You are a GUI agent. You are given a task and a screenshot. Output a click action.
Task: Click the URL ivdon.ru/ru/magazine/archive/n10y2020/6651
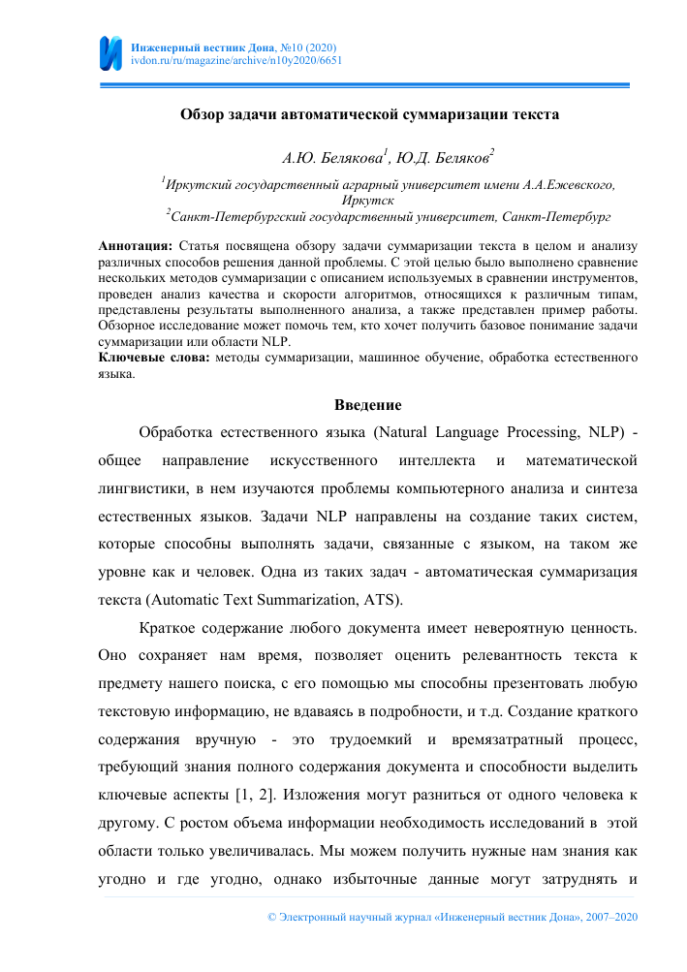(x=235, y=59)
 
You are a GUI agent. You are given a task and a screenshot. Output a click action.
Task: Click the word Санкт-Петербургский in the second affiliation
(x=234, y=215)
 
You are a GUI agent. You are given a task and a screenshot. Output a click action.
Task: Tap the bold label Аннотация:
(x=136, y=248)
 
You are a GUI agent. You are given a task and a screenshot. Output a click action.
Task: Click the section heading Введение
(x=368, y=404)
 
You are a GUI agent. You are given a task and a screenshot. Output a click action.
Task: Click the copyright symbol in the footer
(x=271, y=916)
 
